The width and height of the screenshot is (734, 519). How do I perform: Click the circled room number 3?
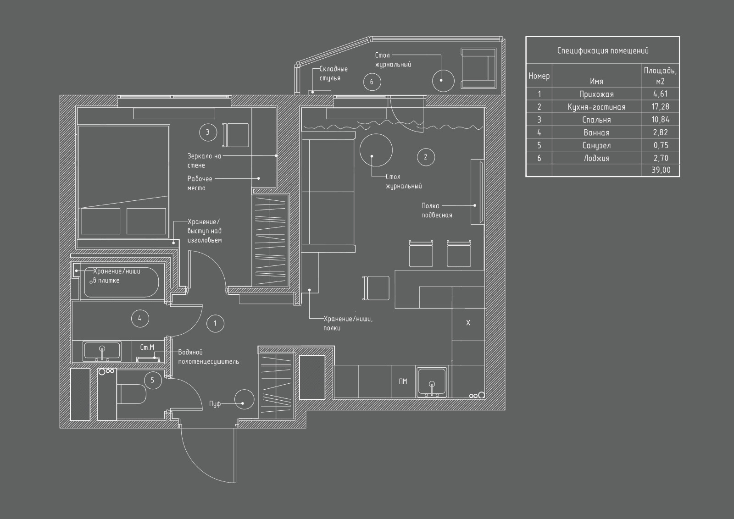(x=207, y=133)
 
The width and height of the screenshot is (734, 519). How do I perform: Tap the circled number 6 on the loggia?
(x=372, y=82)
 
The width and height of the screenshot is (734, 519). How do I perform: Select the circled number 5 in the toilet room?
(x=153, y=380)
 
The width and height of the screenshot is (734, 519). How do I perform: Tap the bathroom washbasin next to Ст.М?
(x=102, y=351)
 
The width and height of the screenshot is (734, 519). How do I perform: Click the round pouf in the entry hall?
(x=244, y=400)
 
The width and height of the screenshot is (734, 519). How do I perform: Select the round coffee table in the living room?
(x=376, y=150)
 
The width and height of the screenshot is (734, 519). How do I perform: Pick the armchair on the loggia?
(x=478, y=68)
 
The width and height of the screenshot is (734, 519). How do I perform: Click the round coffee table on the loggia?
(x=443, y=80)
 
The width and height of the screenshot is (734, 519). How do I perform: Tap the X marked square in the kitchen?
(x=468, y=323)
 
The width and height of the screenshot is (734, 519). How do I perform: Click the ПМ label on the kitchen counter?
(x=403, y=381)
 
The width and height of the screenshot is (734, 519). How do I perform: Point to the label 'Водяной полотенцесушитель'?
(x=208, y=357)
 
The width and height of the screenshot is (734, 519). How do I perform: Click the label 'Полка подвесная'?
(x=436, y=210)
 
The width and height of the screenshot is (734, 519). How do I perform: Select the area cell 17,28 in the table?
(x=660, y=107)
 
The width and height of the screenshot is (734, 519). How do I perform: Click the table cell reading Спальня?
(x=596, y=120)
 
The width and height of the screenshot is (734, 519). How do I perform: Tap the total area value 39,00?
(x=660, y=170)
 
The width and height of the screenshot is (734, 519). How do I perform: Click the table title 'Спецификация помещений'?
(x=602, y=50)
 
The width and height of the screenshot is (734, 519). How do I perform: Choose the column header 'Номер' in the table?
(x=539, y=76)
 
